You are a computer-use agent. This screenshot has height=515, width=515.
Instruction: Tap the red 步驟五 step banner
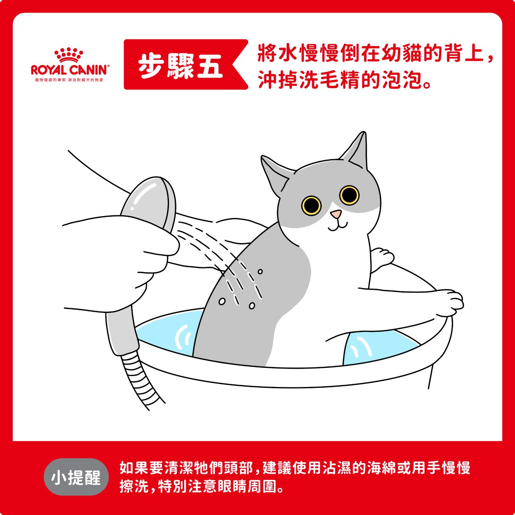pos(185,64)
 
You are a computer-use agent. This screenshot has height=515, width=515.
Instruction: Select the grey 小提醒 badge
pos(76,477)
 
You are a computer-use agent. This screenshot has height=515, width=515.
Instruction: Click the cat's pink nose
pos(336,213)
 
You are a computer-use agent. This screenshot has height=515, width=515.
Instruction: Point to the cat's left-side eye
pos(311,205)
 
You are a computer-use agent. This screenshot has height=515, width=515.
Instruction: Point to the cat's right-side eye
pos(349,195)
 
